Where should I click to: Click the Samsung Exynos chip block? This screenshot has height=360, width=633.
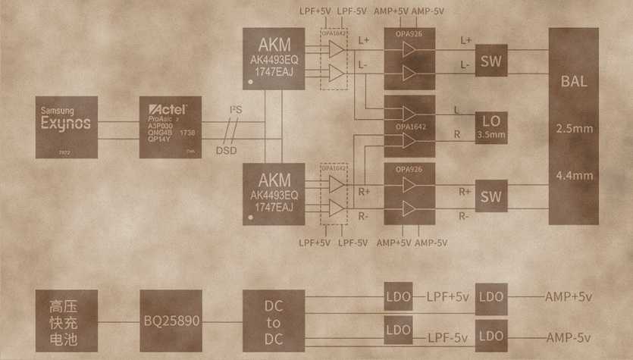tap(66, 127)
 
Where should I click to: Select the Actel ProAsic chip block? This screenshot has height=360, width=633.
tap(171, 127)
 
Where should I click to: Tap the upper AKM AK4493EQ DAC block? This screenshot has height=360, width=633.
tap(274, 58)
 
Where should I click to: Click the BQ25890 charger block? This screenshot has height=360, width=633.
tap(171, 321)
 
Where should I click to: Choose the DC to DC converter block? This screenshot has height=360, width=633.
tap(274, 321)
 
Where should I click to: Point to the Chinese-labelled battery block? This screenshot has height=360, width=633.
tap(67, 321)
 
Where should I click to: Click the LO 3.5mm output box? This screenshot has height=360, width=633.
tap(490, 127)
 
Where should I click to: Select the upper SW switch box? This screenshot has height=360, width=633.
tap(490, 59)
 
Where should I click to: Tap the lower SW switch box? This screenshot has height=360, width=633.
tap(490, 197)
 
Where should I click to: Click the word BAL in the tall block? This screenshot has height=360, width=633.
tap(574, 81)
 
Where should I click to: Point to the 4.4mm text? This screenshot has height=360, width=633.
tap(574, 175)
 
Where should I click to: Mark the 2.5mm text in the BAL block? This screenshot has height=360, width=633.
tap(574, 128)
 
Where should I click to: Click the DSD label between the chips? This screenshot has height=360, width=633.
tap(226, 150)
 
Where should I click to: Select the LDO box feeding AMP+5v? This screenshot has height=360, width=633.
tap(490, 297)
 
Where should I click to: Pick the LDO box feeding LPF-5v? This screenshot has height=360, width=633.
tap(398, 330)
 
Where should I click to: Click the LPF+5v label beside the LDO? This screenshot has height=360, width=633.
tap(448, 297)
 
